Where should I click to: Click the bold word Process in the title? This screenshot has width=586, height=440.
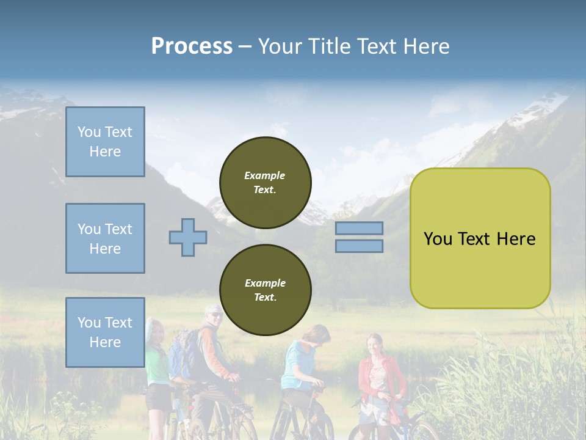[x=192, y=46]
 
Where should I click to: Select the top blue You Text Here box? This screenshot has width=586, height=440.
[x=105, y=142]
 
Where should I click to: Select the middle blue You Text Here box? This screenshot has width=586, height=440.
[x=105, y=238]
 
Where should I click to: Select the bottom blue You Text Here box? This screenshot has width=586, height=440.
[x=105, y=332]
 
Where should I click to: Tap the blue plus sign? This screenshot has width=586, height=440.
[x=188, y=237]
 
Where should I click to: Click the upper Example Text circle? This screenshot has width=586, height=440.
[x=266, y=183]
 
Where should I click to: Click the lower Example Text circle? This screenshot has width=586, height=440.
[x=266, y=290]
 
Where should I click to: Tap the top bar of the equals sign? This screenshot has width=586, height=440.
[x=359, y=228]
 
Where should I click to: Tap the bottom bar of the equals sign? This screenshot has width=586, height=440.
[x=359, y=246]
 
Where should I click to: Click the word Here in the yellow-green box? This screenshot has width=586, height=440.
[x=516, y=239]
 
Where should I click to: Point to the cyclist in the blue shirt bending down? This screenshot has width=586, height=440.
[x=302, y=361]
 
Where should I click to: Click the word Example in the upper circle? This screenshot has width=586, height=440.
[x=265, y=175]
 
